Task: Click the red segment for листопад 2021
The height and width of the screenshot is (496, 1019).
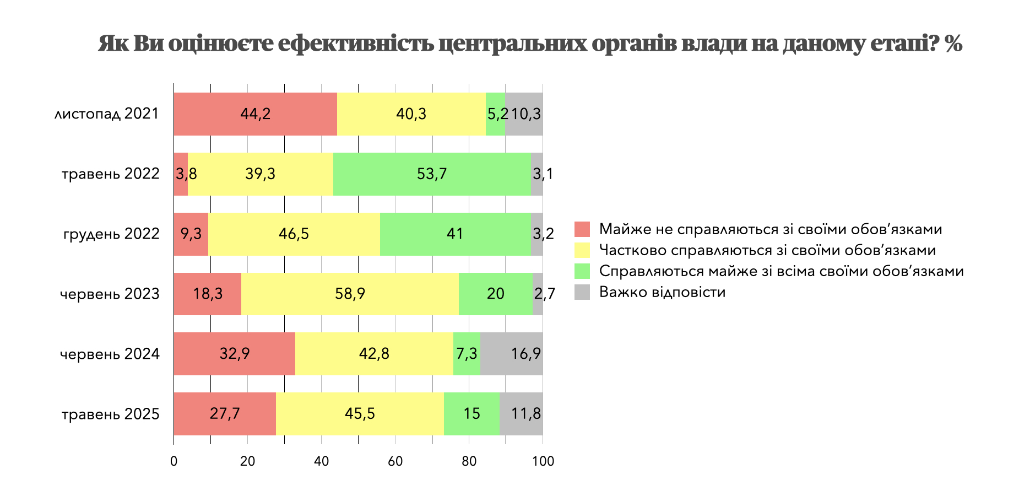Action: (255, 114)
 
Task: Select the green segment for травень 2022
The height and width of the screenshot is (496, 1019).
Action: (432, 174)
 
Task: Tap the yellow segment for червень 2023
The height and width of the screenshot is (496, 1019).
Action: (350, 294)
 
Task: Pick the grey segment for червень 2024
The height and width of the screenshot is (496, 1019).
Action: (511, 354)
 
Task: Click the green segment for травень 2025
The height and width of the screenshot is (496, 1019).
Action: (471, 414)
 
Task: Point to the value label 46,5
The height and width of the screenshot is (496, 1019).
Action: (294, 234)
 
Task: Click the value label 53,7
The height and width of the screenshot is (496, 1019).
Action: (432, 174)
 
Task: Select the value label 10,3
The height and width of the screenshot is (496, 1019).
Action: (525, 114)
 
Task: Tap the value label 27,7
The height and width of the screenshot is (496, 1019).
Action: (225, 414)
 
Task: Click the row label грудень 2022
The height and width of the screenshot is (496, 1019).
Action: (111, 234)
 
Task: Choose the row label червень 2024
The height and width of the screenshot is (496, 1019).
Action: (110, 354)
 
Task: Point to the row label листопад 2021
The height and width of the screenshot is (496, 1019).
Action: (107, 114)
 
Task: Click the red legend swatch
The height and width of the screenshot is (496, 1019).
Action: (582, 229)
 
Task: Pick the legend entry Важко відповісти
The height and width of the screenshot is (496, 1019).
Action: (662, 292)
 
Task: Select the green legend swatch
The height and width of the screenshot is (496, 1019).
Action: (582, 271)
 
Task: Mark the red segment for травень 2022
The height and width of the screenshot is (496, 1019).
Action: (181, 174)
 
